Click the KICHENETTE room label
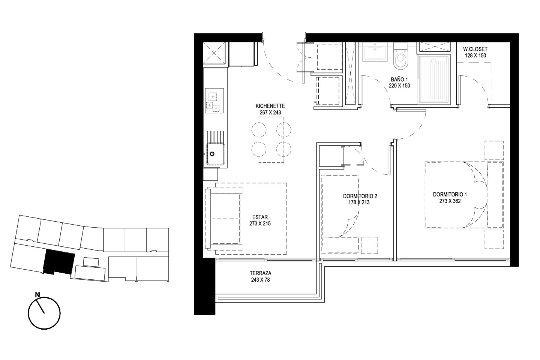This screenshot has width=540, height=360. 270,106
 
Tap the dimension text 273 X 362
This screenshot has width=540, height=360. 450,201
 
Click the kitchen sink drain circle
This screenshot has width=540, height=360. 212,154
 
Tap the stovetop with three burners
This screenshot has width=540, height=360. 214,100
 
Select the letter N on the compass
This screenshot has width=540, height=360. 37,294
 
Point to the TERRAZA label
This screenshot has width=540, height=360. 260,273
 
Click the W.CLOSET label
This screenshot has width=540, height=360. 475,49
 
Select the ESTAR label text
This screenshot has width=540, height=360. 260,217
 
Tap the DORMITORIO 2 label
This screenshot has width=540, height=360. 360,196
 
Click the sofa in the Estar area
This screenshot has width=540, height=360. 223,219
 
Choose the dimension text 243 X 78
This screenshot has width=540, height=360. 260,280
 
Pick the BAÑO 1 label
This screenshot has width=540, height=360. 399,79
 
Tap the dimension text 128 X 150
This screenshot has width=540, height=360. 475,55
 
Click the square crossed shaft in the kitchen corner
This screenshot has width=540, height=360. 214,53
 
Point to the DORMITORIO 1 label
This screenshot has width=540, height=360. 450,195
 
